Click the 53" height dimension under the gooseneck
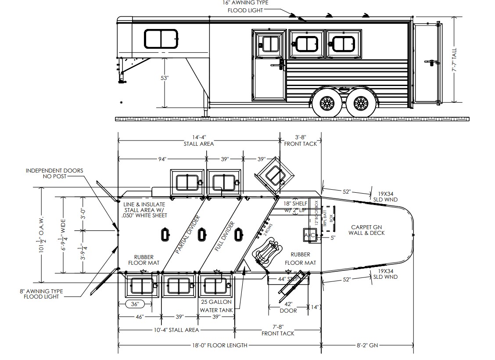165,78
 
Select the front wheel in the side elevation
326,104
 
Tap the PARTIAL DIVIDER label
188,235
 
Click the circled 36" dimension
135,304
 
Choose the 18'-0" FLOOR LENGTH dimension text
219,346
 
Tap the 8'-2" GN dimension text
367,346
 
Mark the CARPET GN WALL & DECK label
367,230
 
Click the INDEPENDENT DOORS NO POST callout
54,173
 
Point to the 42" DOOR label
289,307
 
